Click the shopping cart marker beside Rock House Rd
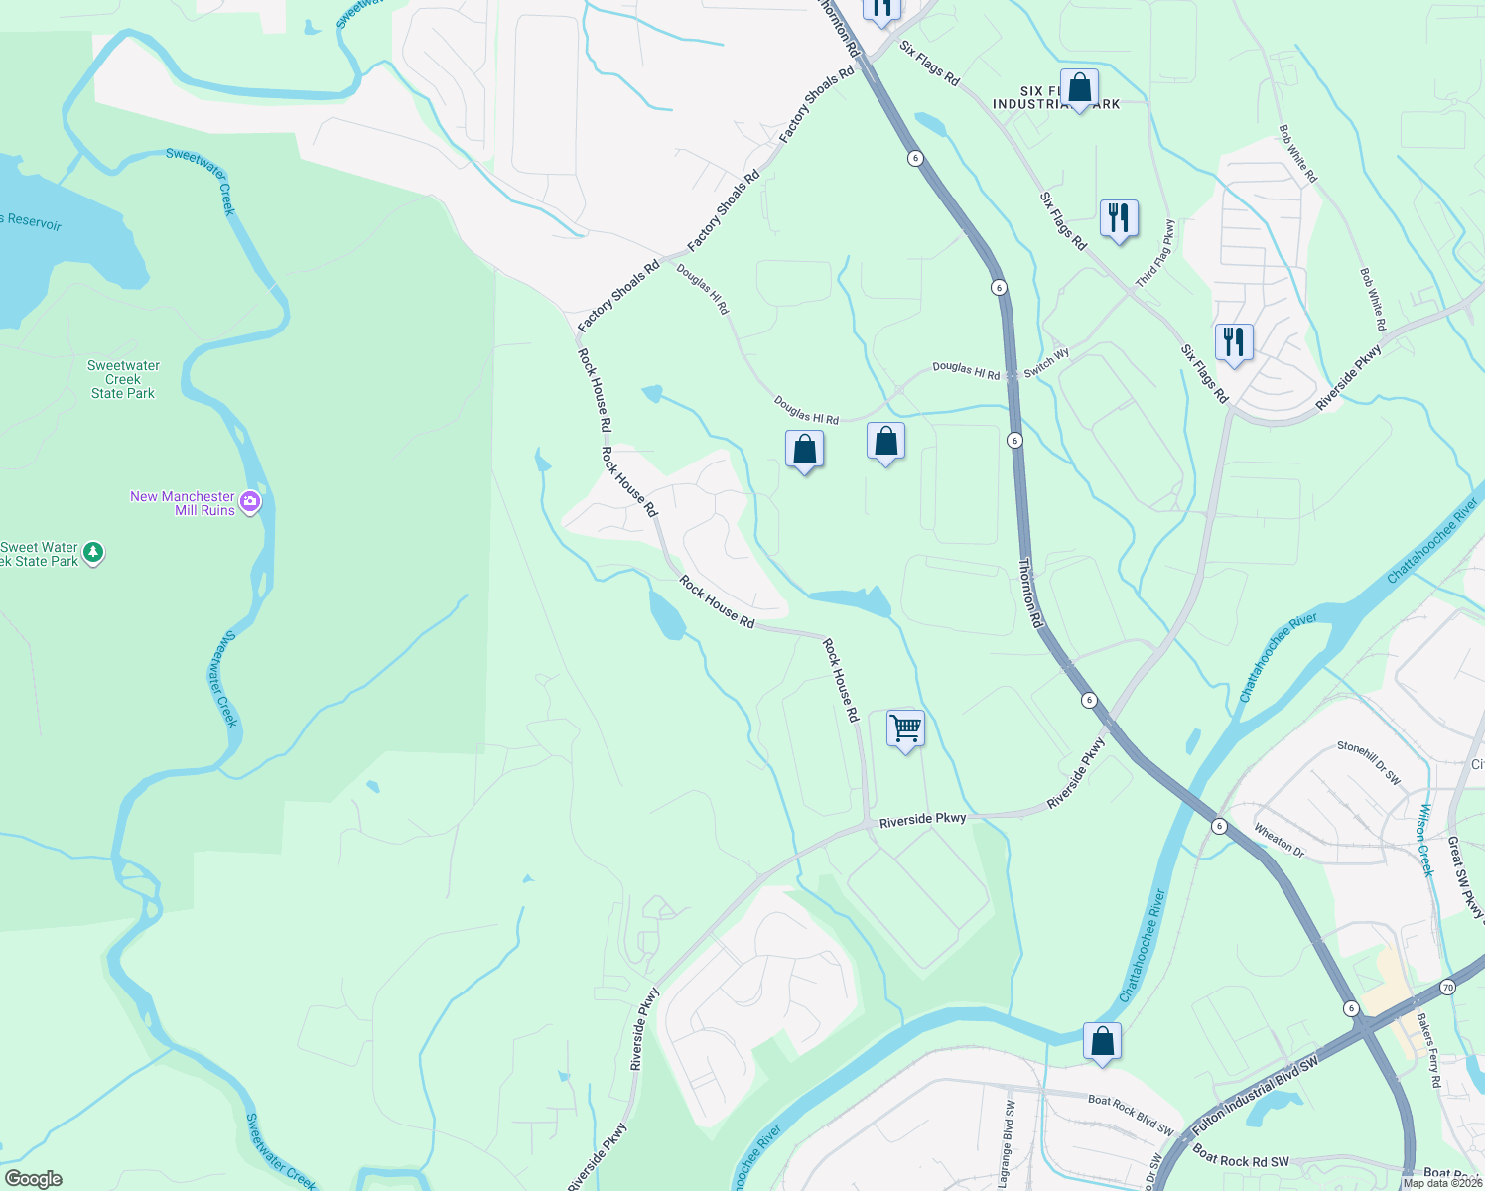(x=905, y=729)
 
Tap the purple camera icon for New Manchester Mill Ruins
(x=250, y=502)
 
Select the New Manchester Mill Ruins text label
(x=184, y=503)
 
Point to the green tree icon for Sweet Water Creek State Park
(x=93, y=552)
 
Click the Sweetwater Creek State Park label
(x=123, y=380)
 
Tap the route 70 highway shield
(x=1448, y=988)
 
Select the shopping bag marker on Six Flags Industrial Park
(x=1079, y=88)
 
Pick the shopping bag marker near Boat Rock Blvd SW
(x=1102, y=1042)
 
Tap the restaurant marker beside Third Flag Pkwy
(x=1119, y=218)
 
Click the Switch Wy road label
(x=1046, y=362)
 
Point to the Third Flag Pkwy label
(x=1155, y=253)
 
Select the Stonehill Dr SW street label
(x=1369, y=763)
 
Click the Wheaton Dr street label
(x=1280, y=839)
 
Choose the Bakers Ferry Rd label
(x=1428, y=1050)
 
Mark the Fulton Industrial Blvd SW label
(x=1256, y=1095)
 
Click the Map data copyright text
(x=1442, y=1182)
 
